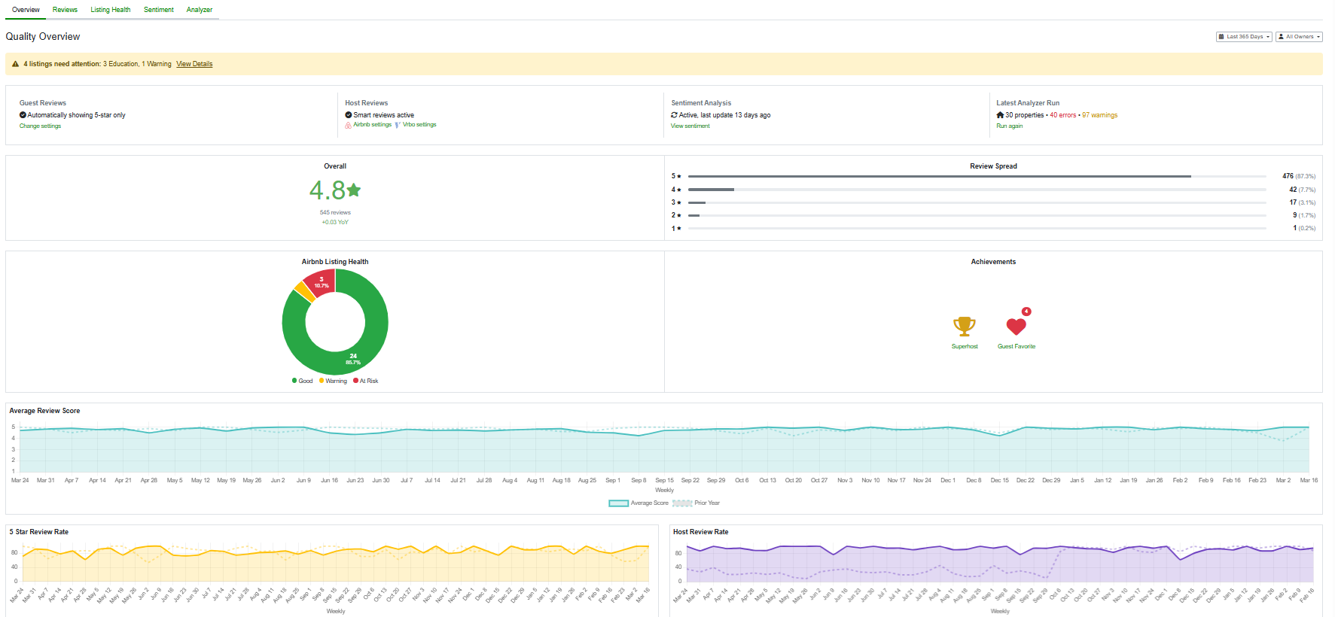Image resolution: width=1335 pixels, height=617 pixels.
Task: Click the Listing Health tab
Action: (x=110, y=10)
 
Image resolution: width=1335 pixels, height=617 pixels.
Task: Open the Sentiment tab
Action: (x=158, y=10)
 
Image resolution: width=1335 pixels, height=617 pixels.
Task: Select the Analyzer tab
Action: (x=199, y=10)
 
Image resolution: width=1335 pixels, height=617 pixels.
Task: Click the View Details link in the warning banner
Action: (x=194, y=64)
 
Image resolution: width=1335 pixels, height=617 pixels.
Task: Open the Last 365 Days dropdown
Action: (x=1244, y=36)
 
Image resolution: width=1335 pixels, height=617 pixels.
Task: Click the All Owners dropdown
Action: (x=1299, y=36)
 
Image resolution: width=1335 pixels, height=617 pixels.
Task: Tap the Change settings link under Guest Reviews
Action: (x=40, y=126)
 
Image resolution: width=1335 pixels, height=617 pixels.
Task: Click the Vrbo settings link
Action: (x=419, y=125)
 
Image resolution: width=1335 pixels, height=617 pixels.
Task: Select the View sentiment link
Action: (x=690, y=126)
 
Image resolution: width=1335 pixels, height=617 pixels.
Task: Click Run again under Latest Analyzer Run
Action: (x=1009, y=126)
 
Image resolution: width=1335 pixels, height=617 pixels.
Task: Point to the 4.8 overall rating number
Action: (x=328, y=190)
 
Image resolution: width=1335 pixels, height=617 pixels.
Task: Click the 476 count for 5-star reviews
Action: (x=1288, y=176)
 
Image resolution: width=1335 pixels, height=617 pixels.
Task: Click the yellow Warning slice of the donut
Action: (x=304, y=291)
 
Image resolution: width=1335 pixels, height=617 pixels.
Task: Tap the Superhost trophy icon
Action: (x=964, y=326)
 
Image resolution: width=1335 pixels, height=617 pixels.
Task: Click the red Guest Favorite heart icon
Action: (x=1016, y=327)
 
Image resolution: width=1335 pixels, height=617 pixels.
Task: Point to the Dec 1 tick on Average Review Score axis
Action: (x=947, y=480)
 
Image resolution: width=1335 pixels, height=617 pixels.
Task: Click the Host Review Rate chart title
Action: (x=700, y=532)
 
